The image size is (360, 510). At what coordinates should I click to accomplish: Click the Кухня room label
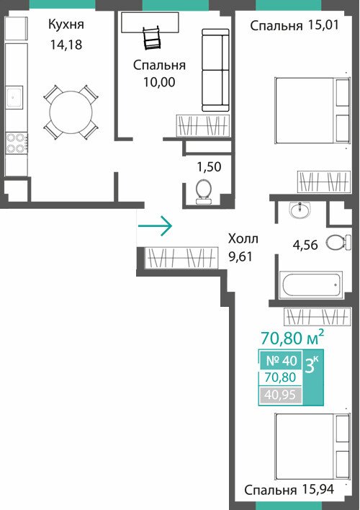tap(66, 24)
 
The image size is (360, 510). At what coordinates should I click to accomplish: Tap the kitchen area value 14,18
tap(66, 45)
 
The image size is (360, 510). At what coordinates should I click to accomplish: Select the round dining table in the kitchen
tap(71, 112)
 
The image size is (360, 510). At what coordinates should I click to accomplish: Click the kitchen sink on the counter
tap(14, 97)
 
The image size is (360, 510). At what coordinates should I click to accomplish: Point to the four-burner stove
tap(17, 143)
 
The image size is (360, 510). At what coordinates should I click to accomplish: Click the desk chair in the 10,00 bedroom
tap(151, 39)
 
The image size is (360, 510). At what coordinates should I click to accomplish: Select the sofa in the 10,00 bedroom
tap(215, 71)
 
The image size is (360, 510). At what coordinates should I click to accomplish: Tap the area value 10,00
tap(159, 82)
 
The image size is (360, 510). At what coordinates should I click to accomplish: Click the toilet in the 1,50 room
tap(204, 192)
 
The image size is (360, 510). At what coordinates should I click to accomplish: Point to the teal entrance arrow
tap(155, 225)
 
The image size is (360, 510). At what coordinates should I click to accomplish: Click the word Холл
tap(243, 238)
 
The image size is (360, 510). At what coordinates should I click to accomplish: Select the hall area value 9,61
tap(240, 257)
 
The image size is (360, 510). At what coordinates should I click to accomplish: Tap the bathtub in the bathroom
tap(310, 285)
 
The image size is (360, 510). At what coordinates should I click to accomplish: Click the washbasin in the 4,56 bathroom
tap(300, 210)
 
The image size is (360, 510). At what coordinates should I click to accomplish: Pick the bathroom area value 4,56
tap(305, 245)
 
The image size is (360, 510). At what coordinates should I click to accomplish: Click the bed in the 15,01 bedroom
tap(312, 110)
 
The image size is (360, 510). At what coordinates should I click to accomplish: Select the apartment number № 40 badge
tap(282, 360)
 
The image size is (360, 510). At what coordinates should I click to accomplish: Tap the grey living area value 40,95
tap(280, 395)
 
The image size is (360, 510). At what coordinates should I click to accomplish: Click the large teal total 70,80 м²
tap(292, 337)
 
